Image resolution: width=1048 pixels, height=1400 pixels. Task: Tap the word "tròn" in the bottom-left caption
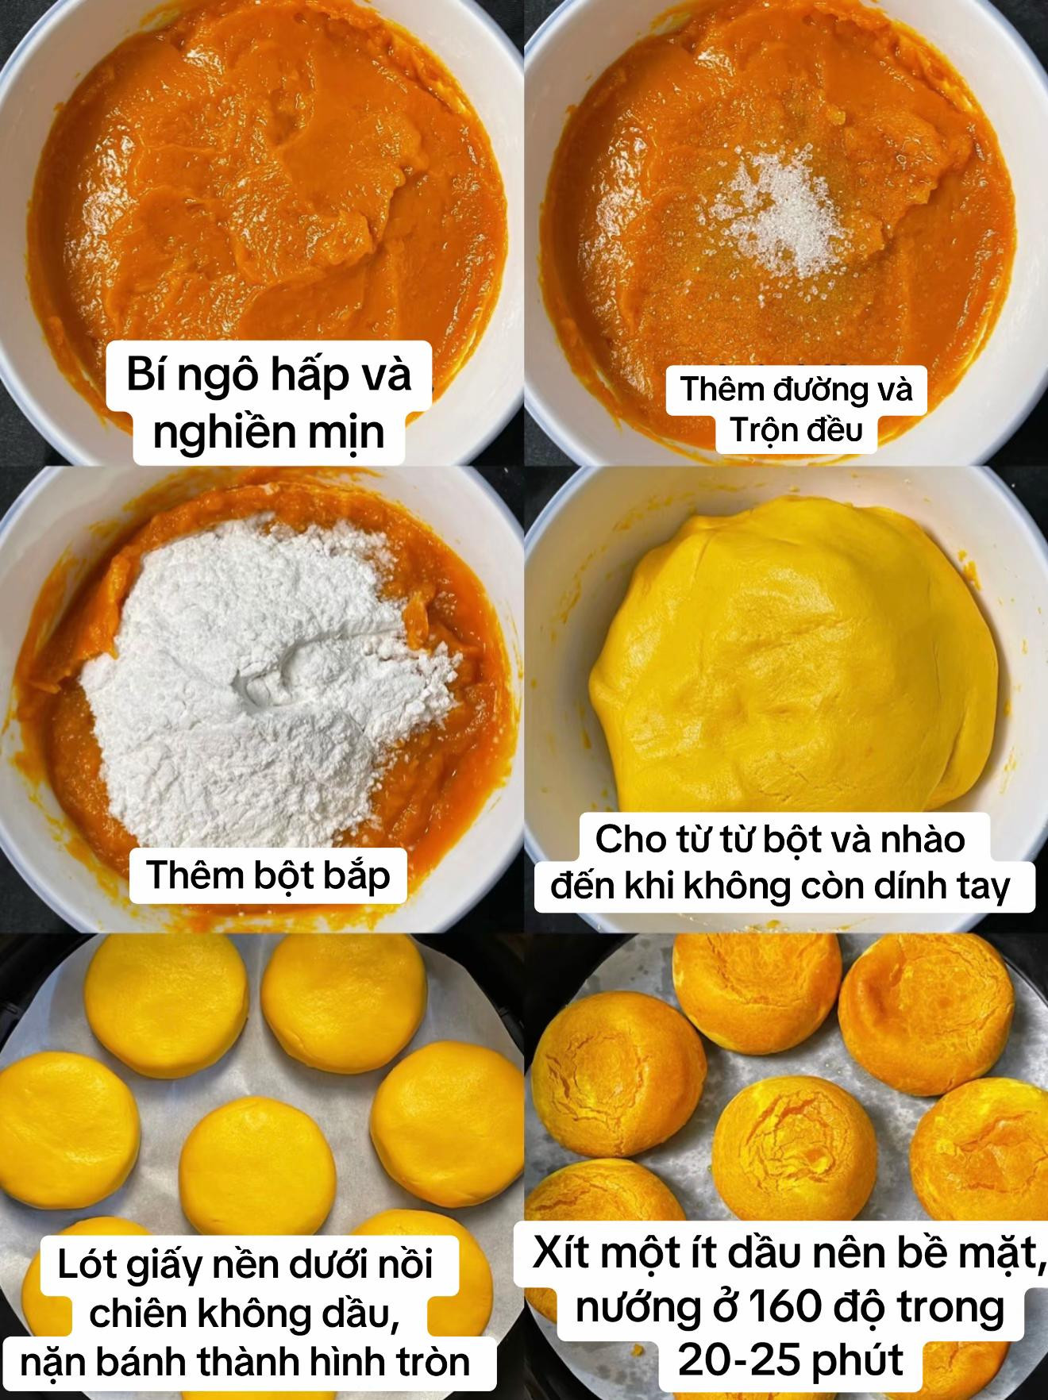[435, 1362]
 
